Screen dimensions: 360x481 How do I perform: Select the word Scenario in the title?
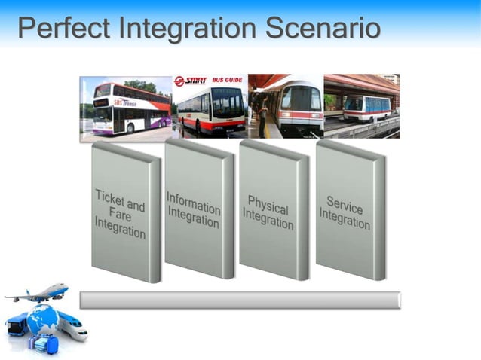click(x=323, y=29)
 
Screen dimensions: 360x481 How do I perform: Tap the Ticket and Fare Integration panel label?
click(x=121, y=213)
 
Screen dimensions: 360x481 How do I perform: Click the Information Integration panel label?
click(x=194, y=209)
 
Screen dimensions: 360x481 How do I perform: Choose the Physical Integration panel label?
click(x=268, y=212)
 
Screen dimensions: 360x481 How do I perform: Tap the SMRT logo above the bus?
click(x=190, y=81)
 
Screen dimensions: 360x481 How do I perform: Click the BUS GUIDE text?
click(x=227, y=81)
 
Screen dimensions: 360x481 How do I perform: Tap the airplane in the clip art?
click(x=38, y=294)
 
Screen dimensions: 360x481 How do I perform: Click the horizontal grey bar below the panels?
click(x=240, y=301)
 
